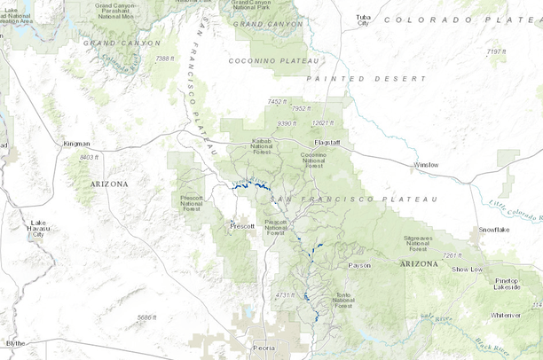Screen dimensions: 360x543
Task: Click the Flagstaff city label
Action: coord(327,142)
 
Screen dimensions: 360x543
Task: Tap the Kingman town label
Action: coord(77,143)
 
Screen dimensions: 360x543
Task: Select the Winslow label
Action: coord(426,164)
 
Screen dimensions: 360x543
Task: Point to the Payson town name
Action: coord(359,264)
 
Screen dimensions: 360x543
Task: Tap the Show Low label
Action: coord(467,269)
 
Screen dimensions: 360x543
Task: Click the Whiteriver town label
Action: coord(506,314)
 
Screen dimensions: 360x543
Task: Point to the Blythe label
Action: coord(15,342)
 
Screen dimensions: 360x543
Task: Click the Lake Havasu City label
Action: coord(37,228)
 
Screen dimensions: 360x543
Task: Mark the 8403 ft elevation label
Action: coord(90,157)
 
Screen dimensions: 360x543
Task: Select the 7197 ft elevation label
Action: coord(497,51)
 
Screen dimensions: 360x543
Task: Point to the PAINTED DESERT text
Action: coord(366,79)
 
